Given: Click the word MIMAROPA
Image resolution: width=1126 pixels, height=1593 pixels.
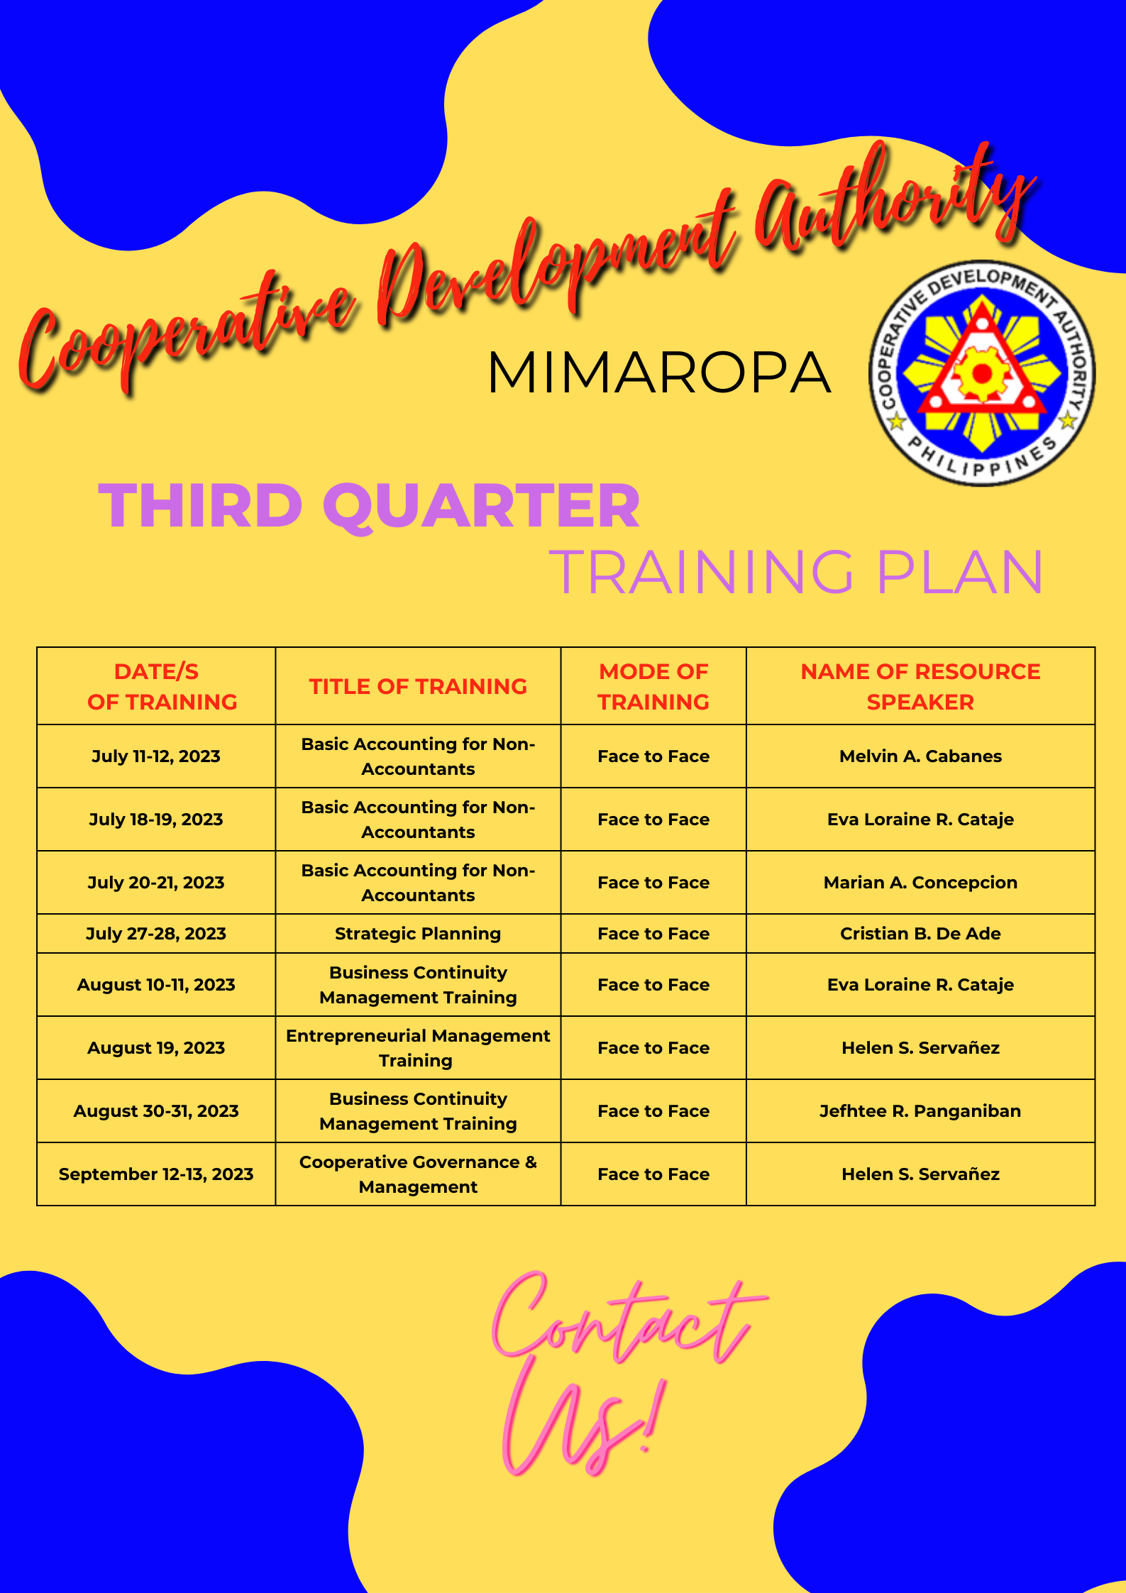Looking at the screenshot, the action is point(658,373).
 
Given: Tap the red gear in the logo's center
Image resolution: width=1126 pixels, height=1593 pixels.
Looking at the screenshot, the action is point(982,373).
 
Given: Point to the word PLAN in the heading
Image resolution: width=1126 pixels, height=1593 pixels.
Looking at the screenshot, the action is point(960,572).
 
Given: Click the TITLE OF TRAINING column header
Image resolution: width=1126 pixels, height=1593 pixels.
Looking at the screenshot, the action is point(418,686).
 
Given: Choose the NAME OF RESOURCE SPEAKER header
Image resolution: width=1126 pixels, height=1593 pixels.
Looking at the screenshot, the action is point(920,686).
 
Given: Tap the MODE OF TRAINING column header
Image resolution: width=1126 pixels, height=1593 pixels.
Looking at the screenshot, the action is point(653,686).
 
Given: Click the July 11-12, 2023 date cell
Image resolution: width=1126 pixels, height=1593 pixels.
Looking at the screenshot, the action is point(156,756).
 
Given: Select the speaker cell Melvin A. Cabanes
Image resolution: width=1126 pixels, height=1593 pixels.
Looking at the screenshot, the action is point(920,756).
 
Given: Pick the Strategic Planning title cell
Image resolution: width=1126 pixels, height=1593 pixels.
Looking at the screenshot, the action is point(418,934).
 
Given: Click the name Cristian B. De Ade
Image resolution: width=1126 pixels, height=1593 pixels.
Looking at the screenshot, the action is point(920,934).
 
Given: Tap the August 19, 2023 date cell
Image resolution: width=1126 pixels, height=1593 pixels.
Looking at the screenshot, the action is point(156,1048).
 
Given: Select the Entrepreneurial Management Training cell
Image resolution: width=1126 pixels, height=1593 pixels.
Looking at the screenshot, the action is point(418,1048).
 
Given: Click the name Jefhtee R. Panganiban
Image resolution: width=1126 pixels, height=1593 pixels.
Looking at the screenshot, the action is point(920,1111).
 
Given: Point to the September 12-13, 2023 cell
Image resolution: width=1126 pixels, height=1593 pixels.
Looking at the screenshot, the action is point(156,1174).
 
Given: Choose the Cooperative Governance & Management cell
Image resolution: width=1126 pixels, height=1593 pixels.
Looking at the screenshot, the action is point(418,1174).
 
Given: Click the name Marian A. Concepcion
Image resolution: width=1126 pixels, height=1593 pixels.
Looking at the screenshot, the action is point(920,883).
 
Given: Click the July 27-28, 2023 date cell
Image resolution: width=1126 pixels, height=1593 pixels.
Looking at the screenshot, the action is point(156,934).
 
